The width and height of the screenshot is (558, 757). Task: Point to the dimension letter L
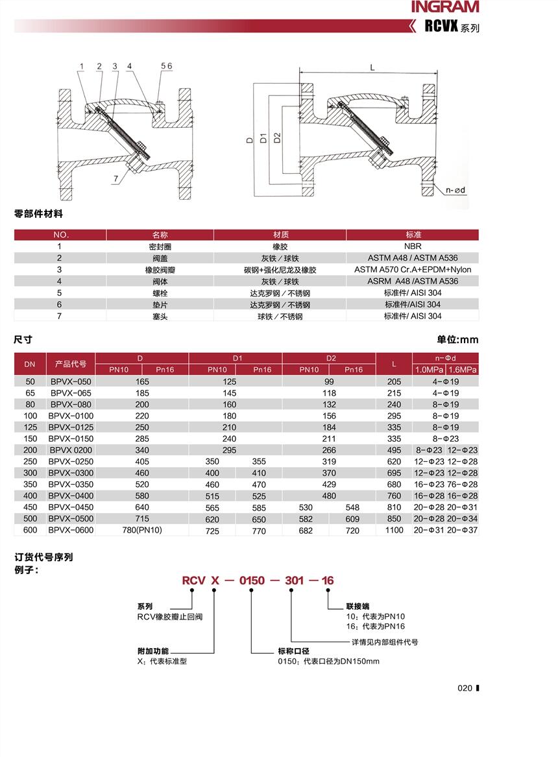[372, 67]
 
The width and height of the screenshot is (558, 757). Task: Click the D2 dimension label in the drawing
[277, 138]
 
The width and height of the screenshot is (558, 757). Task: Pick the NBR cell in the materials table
[412, 246]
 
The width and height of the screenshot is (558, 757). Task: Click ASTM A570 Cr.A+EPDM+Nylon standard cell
[412, 270]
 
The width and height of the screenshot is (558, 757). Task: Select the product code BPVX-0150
[71, 439]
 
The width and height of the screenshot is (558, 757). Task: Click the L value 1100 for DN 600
[394, 531]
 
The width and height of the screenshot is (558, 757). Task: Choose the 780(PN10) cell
[142, 531]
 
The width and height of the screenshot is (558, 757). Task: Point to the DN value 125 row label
[30, 427]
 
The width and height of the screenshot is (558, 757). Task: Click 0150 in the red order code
[252, 581]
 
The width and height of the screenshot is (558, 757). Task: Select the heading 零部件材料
[39, 213]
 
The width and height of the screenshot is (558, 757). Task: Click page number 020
[465, 688]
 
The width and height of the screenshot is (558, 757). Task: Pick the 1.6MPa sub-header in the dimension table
[463, 370]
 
